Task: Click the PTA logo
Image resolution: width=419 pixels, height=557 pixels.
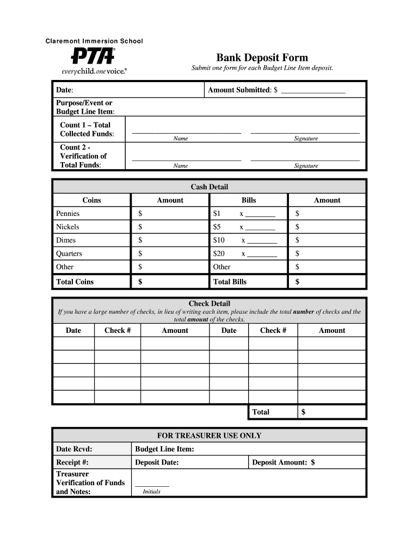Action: point(92,56)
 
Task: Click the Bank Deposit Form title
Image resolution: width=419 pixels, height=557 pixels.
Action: point(262,58)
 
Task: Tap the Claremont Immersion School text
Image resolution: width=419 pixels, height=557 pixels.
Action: point(94,41)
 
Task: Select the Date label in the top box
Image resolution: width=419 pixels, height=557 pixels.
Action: point(65,90)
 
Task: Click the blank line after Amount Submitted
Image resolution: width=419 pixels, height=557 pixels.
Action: point(313,90)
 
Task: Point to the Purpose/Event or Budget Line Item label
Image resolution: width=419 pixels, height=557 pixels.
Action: point(85,107)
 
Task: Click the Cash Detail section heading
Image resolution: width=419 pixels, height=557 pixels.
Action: point(209,187)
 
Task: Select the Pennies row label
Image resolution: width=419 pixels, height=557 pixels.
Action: point(67,214)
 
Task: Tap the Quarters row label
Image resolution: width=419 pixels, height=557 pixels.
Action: point(69,253)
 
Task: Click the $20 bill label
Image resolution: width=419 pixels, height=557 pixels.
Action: point(219,253)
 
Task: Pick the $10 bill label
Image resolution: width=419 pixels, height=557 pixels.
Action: point(219,240)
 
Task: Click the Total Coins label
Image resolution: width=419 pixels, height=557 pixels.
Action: point(75,282)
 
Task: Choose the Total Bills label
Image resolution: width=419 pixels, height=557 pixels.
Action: point(230,282)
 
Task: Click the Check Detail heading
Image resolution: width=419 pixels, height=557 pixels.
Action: point(209,304)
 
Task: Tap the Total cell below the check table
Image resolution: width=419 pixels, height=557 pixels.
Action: point(261,412)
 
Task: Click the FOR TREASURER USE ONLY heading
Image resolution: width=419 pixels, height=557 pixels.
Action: point(209,436)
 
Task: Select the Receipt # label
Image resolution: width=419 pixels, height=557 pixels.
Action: point(72,462)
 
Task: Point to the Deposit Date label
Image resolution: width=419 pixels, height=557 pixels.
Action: point(157,462)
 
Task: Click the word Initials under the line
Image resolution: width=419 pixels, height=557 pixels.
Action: point(151,492)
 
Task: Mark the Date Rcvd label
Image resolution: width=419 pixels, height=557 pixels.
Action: point(74,449)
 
